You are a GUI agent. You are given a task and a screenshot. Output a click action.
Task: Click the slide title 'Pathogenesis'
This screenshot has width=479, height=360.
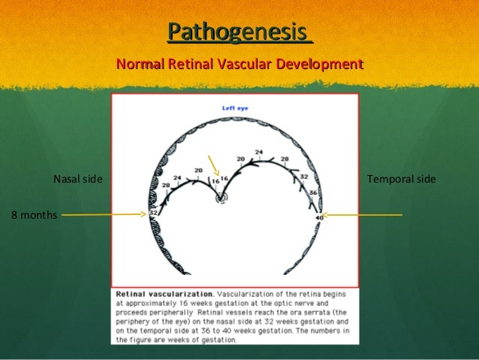coord(238,32)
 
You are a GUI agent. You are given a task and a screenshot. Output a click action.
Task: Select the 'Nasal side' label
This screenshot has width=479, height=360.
coord(77,180)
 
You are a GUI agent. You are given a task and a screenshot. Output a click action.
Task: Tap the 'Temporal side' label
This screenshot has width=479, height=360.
coord(401,180)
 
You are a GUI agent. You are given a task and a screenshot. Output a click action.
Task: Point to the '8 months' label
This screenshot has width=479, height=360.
coord(34,215)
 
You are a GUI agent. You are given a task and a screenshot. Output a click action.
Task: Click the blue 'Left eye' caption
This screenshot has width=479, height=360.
coord(235,108)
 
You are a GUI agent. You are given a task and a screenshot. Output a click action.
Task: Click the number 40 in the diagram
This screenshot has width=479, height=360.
coord(319,216)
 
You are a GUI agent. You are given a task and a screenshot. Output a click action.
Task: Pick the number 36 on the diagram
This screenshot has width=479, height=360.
coord(314,192)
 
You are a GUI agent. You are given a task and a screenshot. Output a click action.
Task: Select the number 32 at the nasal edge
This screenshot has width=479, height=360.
coord(152,213)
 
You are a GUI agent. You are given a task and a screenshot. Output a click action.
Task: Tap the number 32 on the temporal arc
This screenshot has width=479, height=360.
coord(304,177)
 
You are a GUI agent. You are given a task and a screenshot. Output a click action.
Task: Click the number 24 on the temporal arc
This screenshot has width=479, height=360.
coord(259,153)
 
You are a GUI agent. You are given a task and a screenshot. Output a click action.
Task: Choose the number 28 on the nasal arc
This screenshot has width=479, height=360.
coord(164,185)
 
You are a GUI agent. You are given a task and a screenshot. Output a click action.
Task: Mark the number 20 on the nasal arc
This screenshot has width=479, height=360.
coord(198,171)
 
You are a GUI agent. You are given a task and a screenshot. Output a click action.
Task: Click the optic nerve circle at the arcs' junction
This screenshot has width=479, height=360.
coord(221,198)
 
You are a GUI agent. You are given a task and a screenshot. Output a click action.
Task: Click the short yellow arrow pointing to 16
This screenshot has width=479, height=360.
coord(213,166)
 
